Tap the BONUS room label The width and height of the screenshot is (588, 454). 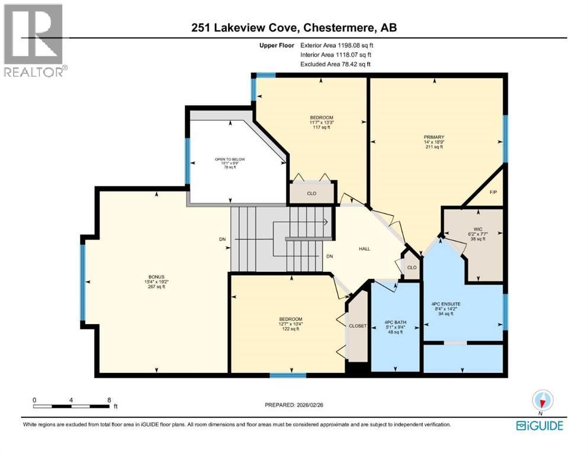(156, 276)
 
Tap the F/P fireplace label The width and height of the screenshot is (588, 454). (493, 192)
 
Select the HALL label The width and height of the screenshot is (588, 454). (364, 249)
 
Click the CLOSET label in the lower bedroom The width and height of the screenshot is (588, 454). (358, 326)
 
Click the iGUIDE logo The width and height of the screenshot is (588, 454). (539, 426)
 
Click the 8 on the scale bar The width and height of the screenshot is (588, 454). (109, 400)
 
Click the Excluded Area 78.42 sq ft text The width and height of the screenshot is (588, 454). (337, 64)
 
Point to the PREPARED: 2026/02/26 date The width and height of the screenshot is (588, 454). (294, 405)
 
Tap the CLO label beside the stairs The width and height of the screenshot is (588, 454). (311, 193)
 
